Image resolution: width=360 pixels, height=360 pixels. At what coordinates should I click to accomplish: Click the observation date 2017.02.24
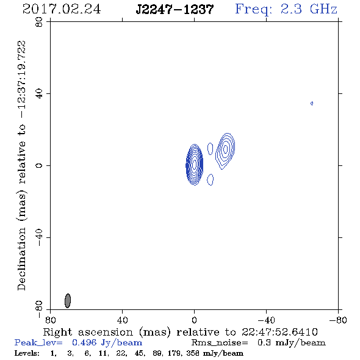(x=62, y=9)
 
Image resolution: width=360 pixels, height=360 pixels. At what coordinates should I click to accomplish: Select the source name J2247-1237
(x=175, y=10)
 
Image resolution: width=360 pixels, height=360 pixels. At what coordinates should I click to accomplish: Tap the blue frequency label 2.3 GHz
(x=309, y=9)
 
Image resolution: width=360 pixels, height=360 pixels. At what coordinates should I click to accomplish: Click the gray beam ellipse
(x=68, y=301)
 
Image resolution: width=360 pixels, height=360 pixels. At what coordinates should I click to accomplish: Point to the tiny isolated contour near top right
(x=312, y=103)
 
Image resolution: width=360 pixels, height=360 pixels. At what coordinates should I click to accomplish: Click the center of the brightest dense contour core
(x=195, y=165)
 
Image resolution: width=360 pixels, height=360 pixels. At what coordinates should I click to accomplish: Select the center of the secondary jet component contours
(x=226, y=149)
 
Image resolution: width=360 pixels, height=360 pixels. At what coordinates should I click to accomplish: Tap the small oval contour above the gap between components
(x=210, y=148)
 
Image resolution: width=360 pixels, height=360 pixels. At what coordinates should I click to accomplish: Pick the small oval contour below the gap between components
(x=211, y=179)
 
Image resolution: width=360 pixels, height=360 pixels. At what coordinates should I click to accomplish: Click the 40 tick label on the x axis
(x=122, y=320)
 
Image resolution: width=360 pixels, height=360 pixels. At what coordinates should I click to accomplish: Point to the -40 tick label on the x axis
(x=266, y=320)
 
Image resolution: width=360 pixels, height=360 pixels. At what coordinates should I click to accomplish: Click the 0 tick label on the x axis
(x=194, y=320)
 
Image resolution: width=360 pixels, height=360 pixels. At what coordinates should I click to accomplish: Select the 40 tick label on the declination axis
(x=39, y=94)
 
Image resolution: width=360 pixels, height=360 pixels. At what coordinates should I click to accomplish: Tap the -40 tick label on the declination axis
(x=39, y=237)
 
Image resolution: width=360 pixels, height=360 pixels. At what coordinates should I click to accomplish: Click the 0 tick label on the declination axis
(x=39, y=165)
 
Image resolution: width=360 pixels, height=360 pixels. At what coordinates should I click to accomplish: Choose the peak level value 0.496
(x=84, y=342)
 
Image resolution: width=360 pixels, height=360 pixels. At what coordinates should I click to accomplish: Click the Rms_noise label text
(x=220, y=343)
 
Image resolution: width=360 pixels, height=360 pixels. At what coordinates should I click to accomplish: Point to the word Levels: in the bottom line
(x=27, y=353)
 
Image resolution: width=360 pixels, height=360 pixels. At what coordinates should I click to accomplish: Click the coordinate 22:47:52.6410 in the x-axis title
(x=279, y=332)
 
